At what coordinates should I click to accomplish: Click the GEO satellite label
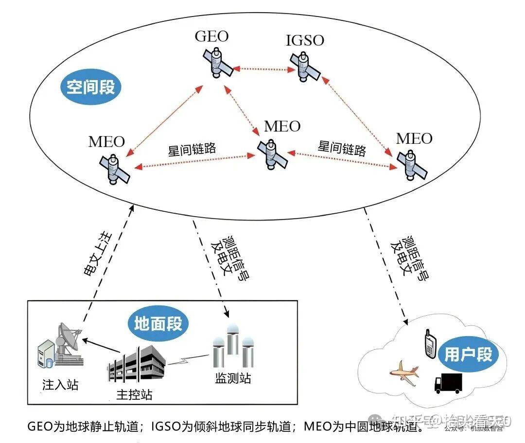[x=211, y=36]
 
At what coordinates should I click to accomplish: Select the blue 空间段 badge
[x=91, y=87]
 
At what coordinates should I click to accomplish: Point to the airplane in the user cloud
[x=404, y=373]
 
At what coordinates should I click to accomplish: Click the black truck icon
[x=448, y=383]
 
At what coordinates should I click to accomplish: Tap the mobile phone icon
[x=430, y=344]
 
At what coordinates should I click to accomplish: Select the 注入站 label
[x=60, y=386]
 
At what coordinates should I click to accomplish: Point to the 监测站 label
[x=233, y=378]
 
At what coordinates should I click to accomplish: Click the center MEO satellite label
[x=282, y=126]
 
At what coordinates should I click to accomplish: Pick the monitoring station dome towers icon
[x=233, y=349]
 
